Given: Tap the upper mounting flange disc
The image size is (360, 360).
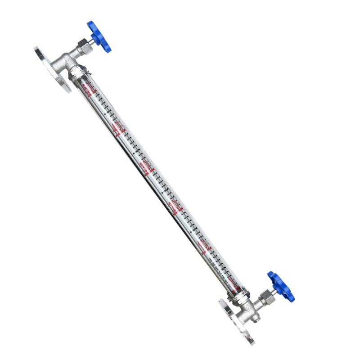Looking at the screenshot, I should [52, 70].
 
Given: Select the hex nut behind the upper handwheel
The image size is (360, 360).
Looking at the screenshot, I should [84, 45].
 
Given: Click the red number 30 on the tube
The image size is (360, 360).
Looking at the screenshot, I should [146, 168].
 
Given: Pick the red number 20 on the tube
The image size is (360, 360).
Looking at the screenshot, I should [175, 207].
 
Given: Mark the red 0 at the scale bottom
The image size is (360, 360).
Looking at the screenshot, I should [232, 283].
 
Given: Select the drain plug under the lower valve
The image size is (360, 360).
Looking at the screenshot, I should [256, 320].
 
